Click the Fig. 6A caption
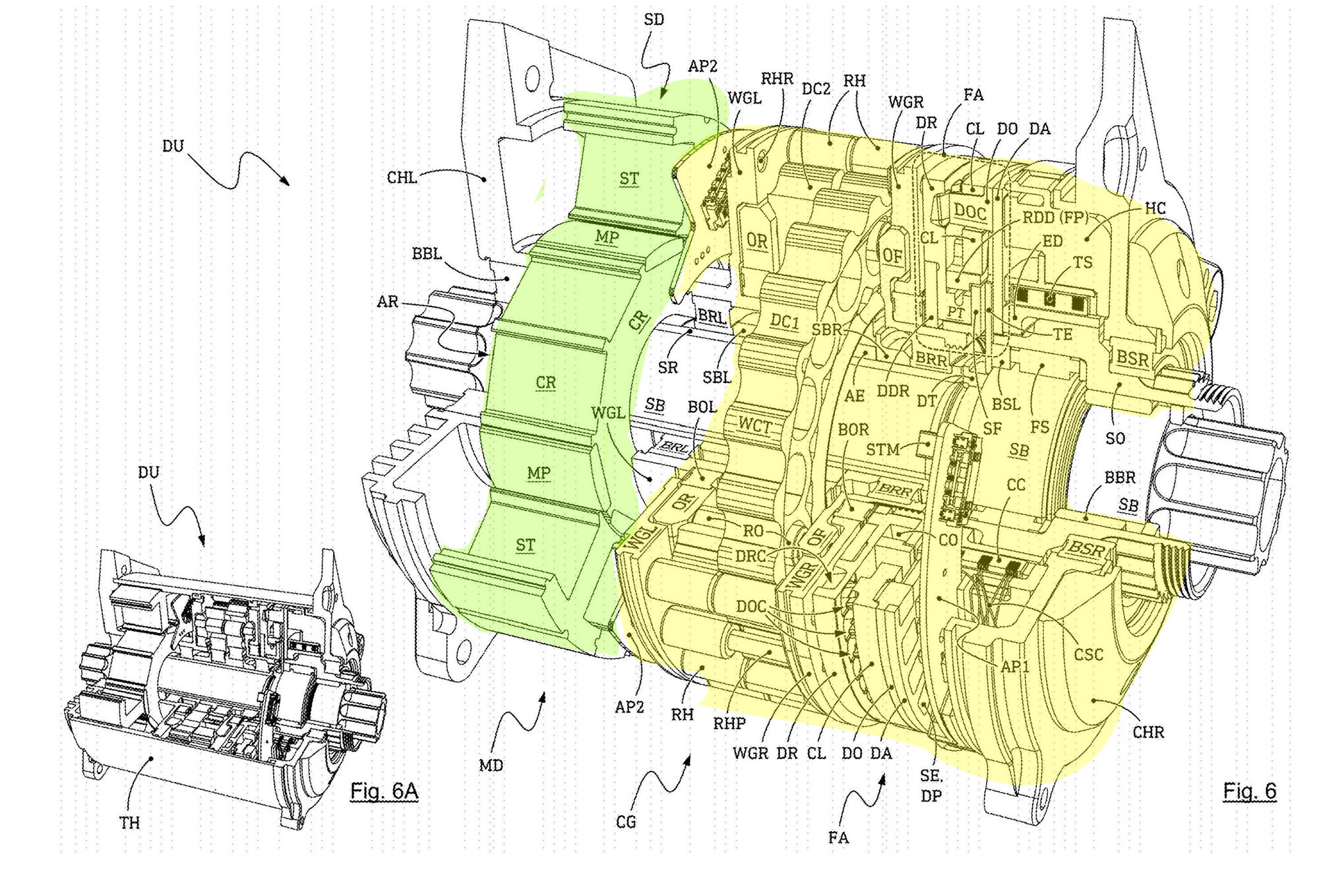click(384, 791)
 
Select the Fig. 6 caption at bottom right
click(1250, 791)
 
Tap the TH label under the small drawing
click(130, 823)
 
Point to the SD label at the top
click(654, 20)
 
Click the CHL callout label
click(402, 178)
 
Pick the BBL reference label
click(427, 254)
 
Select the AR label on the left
click(388, 302)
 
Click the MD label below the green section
click(491, 766)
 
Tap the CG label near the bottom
click(626, 822)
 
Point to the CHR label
click(1149, 733)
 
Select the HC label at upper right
click(1155, 208)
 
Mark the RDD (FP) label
click(1055, 218)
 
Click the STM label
click(883, 450)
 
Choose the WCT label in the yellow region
click(754, 426)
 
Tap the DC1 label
click(785, 321)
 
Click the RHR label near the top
click(777, 79)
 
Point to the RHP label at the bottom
click(729, 723)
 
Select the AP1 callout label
click(1015, 667)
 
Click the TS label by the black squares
click(1084, 262)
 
